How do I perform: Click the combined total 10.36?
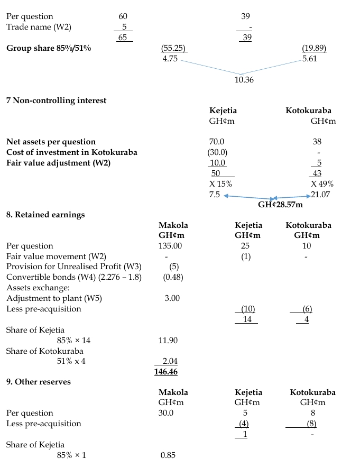tap(243, 80)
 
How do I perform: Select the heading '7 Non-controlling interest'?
tap(56, 100)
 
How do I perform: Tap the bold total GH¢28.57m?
tap(280, 204)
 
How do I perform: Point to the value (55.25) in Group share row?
tap(173, 48)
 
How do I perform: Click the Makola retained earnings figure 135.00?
tap(170, 246)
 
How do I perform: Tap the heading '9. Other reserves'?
tap(38, 382)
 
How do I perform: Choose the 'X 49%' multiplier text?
tap(321, 184)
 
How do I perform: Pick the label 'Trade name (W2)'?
tap(39, 27)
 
